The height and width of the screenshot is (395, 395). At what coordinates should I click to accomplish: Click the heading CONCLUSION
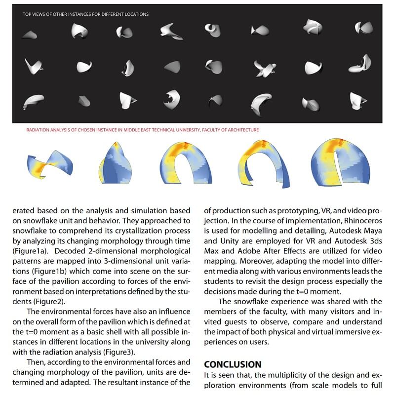[x=233, y=364]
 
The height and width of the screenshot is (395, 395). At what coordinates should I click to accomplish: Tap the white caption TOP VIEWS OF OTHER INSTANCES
[x=85, y=14]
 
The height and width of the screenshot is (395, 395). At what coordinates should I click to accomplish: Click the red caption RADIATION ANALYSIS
[x=142, y=130]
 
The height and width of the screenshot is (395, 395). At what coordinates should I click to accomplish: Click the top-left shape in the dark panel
[x=29, y=34]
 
